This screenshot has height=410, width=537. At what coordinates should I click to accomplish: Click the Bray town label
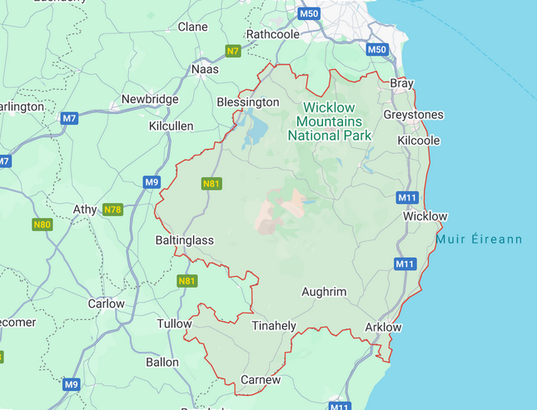click(x=402, y=84)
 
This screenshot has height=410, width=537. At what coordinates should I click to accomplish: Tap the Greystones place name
click(x=413, y=115)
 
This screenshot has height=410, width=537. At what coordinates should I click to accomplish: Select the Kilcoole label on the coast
click(x=419, y=141)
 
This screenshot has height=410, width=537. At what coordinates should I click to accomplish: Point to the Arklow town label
click(x=383, y=327)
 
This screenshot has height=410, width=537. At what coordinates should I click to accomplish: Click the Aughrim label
click(x=324, y=292)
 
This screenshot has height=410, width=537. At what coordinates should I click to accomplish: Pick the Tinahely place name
click(x=274, y=325)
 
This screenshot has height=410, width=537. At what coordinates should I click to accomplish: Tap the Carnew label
click(x=260, y=380)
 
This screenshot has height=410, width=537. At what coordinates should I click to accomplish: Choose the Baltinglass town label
click(x=185, y=240)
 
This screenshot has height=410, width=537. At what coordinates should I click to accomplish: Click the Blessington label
click(x=247, y=102)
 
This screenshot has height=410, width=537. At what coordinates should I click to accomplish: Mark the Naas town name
click(x=205, y=69)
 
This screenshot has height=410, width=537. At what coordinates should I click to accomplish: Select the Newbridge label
click(x=150, y=99)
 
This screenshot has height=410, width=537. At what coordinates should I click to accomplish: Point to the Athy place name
click(x=85, y=209)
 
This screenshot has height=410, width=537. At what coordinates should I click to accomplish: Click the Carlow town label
click(x=106, y=304)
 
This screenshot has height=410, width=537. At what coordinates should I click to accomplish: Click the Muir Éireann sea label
click(x=479, y=240)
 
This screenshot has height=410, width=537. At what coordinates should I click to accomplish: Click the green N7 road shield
click(x=233, y=52)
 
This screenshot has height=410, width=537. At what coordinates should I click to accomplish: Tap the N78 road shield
click(x=112, y=210)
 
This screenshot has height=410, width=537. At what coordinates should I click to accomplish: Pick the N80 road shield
click(x=42, y=225)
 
